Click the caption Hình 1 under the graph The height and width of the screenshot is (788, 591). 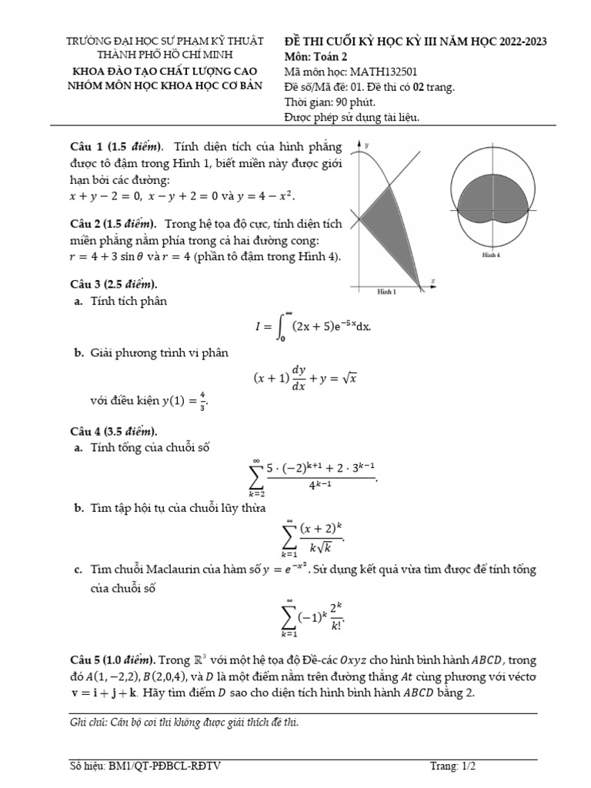386,292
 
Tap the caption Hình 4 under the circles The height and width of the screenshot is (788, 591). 490,254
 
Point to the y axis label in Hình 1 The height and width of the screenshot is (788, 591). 366,145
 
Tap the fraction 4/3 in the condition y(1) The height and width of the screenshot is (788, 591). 202,400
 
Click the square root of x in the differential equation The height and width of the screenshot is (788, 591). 352,378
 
